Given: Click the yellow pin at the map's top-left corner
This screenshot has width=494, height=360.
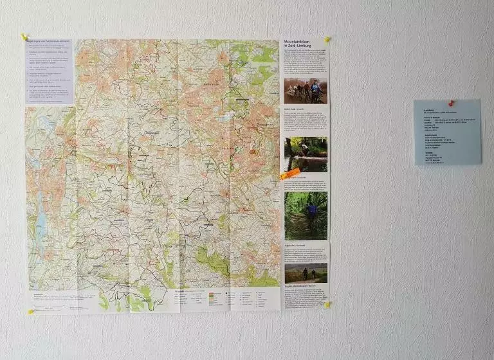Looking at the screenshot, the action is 24,37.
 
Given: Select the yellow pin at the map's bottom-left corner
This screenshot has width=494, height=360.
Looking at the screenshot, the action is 30,312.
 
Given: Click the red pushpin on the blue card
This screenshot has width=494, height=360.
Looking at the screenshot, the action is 452,103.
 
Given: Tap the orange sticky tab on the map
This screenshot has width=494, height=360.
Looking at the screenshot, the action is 289,174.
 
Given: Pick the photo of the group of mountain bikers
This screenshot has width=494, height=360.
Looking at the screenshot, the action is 306,91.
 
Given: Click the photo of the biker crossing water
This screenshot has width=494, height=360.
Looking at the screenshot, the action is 306,154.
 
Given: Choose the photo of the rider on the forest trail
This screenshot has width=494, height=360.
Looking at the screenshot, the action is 306,215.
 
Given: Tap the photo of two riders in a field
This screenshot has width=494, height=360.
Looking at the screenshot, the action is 306,273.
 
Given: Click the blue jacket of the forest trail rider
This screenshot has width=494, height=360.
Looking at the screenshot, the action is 311,210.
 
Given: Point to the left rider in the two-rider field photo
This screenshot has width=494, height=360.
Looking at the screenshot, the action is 305,273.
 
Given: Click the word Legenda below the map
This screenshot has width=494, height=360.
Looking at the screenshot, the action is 161,291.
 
